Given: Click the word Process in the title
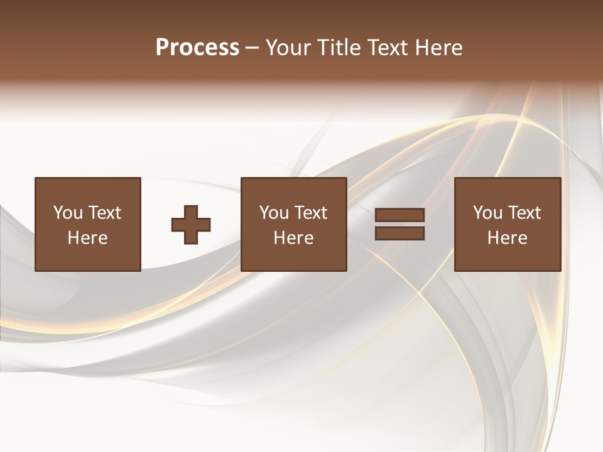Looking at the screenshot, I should [197, 48].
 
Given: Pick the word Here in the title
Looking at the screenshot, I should [440, 48].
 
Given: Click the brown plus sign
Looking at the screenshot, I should [191, 225].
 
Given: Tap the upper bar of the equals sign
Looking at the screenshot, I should [399, 215].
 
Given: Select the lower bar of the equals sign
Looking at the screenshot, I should [399, 234].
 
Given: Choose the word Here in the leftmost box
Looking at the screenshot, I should [87, 238].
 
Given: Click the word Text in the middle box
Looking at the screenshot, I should [310, 213].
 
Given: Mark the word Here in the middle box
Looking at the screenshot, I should [293, 238].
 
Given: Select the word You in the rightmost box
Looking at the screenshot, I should [488, 213].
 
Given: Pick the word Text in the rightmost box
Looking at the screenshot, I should [524, 213].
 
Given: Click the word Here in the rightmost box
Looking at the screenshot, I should [507, 238].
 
